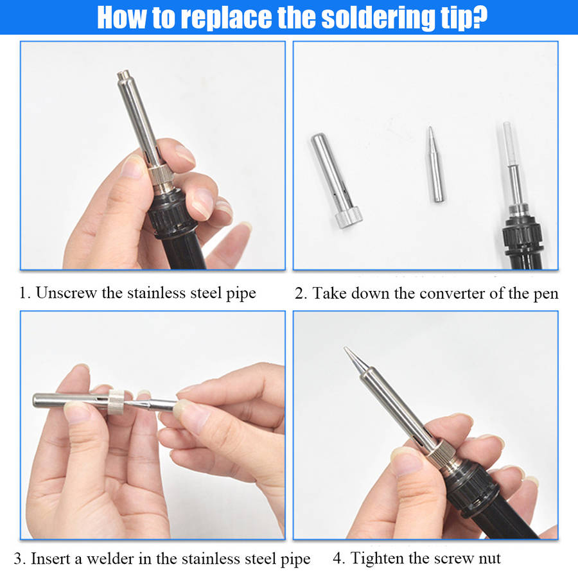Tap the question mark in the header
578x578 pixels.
[x=479, y=17]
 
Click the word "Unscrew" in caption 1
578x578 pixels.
[x=66, y=293]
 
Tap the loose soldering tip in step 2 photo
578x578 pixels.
[x=435, y=164]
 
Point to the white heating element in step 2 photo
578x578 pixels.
[x=510, y=144]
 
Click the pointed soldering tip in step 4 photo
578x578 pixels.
[x=356, y=360]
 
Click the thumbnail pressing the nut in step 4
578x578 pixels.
[x=405, y=462]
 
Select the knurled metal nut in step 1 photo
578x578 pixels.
[x=161, y=177]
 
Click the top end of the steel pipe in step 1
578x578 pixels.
[x=125, y=74]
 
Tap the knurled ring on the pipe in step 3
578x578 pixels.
[x=116, y=402]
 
